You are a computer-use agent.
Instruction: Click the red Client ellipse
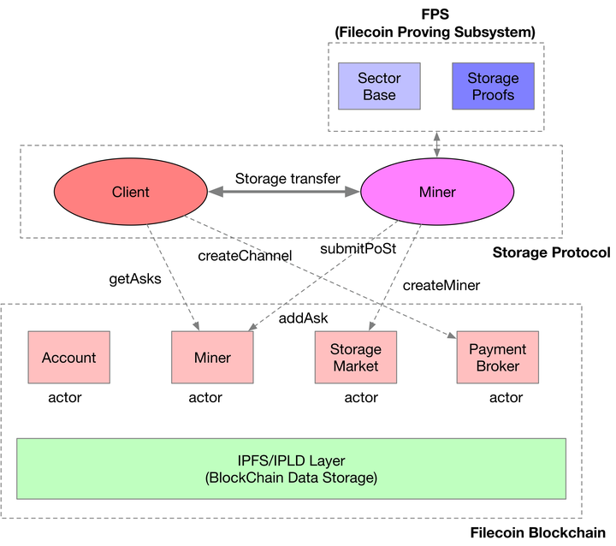pyautogui.click(x=130, y=193)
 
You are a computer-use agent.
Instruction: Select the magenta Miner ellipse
pyautogui.click(x=436, y=193)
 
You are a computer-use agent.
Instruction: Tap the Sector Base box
pyautogui.click(x=379, y=86)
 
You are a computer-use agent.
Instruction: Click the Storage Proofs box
pyautogui.click(x=492, y=86)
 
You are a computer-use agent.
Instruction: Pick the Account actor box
pyautogui.click(x=68, y=358)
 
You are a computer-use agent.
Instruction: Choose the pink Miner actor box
pyautogui.click(x=212, y=358)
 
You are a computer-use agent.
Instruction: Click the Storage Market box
pyautogui.click(x=355, y=358)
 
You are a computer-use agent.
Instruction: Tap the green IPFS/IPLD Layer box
pyautogui.click(x=291, y=468)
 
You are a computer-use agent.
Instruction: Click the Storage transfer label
pyautogui.click(x=287, y=179)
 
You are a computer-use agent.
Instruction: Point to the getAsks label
pyautogui.click(x=134, y=278)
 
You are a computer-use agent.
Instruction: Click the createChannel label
pyautogui.click(x=245, y=255)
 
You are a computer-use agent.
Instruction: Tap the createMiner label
pyautogui.click(x=441, y=285)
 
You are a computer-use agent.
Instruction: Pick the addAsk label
pyautogui.click(x=304, y=318)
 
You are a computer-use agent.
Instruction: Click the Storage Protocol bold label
pyautogui.click(x=551, y=252)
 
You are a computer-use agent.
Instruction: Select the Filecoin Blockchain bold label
pyautogui.click(x=539, y=533)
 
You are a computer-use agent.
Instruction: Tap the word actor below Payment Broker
pyautogui.click(x=506, y=397)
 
